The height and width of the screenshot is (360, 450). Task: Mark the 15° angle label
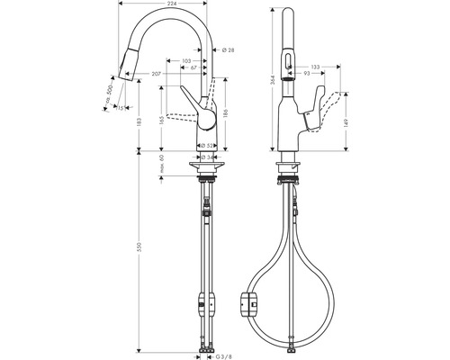pyautogui.click(x=120, y=108)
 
